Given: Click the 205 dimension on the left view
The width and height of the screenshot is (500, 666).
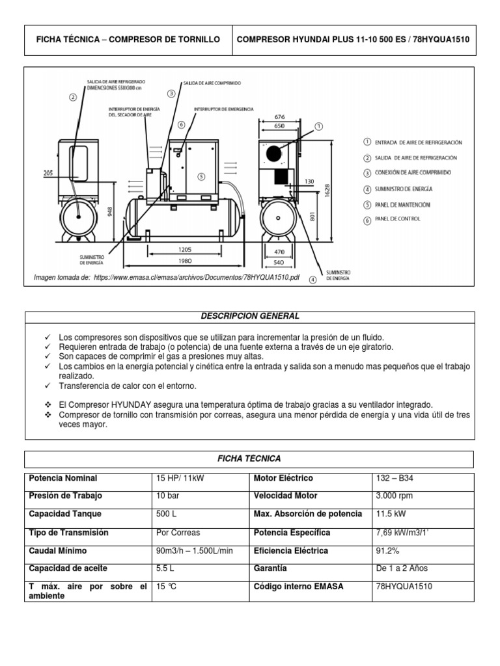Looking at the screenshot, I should click(x=48, y=173).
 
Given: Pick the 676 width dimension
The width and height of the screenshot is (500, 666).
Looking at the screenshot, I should click(x=279, y=117).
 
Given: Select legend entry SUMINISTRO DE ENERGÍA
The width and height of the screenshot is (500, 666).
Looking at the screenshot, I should click(x=398, y=189).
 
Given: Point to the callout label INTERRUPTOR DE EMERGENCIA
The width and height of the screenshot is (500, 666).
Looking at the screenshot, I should click(x=223, y=109).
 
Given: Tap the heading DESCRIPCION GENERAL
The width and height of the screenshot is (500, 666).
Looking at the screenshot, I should click(x=249, y=316).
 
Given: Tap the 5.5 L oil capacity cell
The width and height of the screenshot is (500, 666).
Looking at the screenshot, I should click(x=165, y=568).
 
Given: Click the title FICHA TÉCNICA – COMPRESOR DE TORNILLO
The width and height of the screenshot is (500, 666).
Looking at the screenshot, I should click(x=128, y=39).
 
